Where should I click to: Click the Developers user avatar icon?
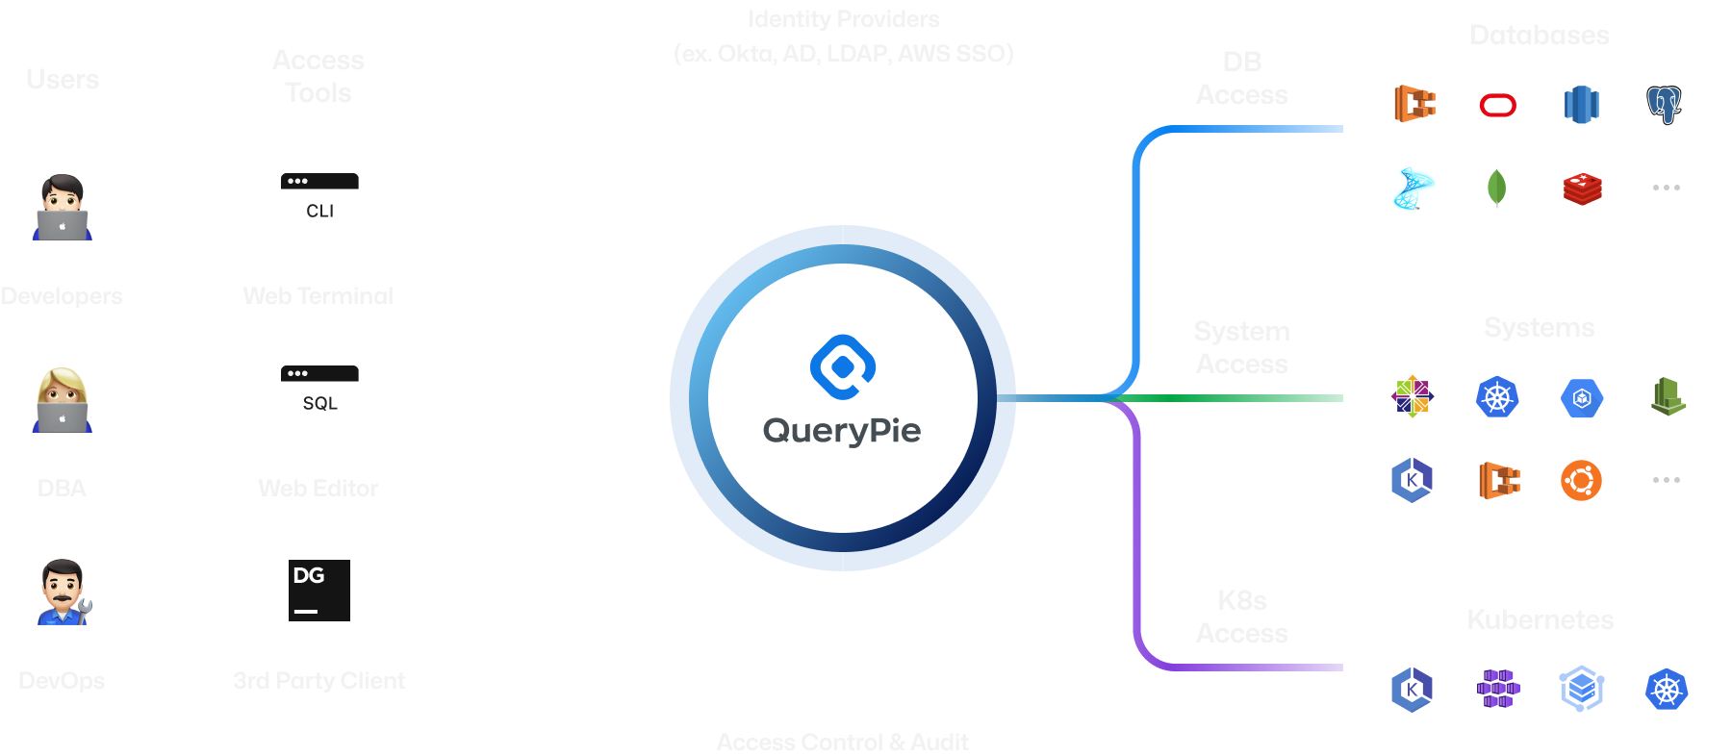click(x=63, y=206)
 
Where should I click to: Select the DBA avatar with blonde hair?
click(x=63, y=398)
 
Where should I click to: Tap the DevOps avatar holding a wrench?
click(x=63, y=591)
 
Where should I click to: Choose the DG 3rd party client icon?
click(x=319, y=591)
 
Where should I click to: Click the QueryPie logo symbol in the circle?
click(x=843, y=366)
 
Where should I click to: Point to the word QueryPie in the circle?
click(x=842, y=430)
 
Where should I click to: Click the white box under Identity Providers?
click(x=843, y=137)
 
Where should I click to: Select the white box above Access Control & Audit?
click(x=843, y=660)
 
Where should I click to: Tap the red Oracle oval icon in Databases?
click(x=1497, y=105)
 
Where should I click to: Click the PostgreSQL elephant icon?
click(x=1665, y=105)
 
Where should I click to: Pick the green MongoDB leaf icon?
click(x=1496, y=188)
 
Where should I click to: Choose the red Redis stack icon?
click(x=1582, y=189)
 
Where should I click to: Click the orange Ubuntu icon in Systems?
click(x=1581, y=480)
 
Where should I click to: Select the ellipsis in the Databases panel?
click(x=1666, y=188)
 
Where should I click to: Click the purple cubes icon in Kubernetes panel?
click(x=1497, y=689)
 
